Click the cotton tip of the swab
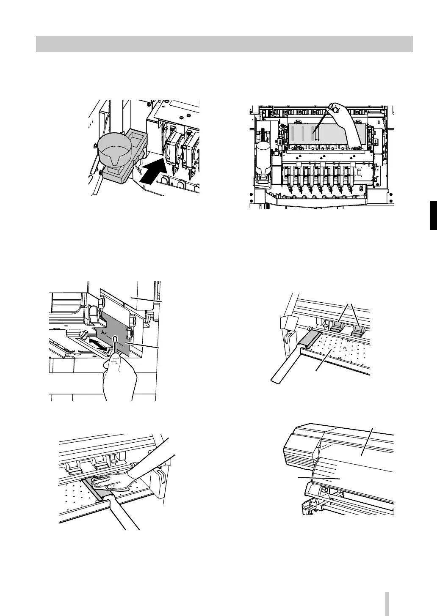(x=114, y=338)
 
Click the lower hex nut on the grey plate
(x=128, y=336)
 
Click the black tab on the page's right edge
(x=433, y=216)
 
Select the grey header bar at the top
(x=224, y=44)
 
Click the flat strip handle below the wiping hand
(x=123, y=514)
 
